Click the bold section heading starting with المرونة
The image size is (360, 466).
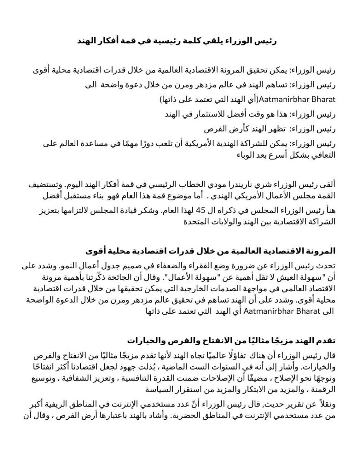(210, 251)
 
